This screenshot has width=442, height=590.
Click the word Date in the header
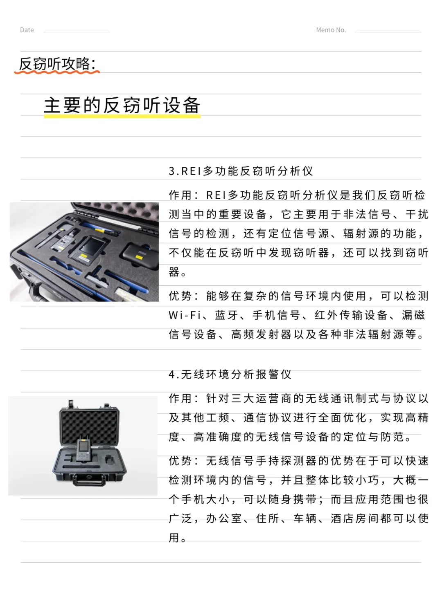27,30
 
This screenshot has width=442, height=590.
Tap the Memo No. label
331,30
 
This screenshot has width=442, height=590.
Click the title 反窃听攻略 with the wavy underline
56,64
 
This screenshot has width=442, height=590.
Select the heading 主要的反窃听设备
122,105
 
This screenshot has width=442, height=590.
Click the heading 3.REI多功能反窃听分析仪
241,171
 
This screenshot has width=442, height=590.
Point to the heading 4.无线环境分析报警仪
230,374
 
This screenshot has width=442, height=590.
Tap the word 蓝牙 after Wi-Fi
226,315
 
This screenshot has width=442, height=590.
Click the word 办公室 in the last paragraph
224,518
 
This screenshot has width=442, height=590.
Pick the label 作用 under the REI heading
180,195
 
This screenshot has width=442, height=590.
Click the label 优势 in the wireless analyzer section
180,461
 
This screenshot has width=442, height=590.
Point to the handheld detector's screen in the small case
83,447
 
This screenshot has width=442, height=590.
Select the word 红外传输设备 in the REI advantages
351,315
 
